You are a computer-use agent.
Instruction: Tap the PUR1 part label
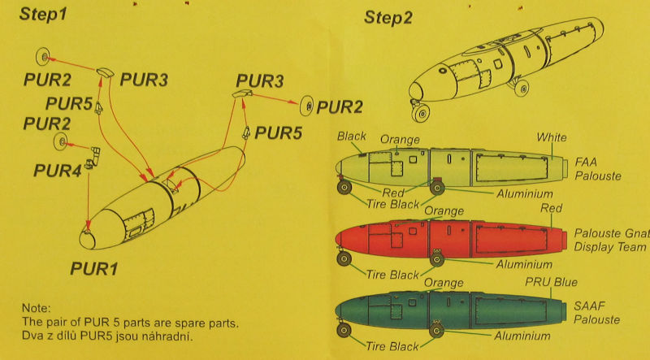point(95,268)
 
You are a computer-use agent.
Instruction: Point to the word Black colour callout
point(351,137)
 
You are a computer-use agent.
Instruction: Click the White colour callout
point(552,137)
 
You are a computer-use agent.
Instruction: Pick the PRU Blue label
point(551,282)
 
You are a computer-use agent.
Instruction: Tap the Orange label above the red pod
point(444,211)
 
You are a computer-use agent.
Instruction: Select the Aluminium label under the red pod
point(525,264)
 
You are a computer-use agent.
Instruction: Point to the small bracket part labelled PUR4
point(94,154)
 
